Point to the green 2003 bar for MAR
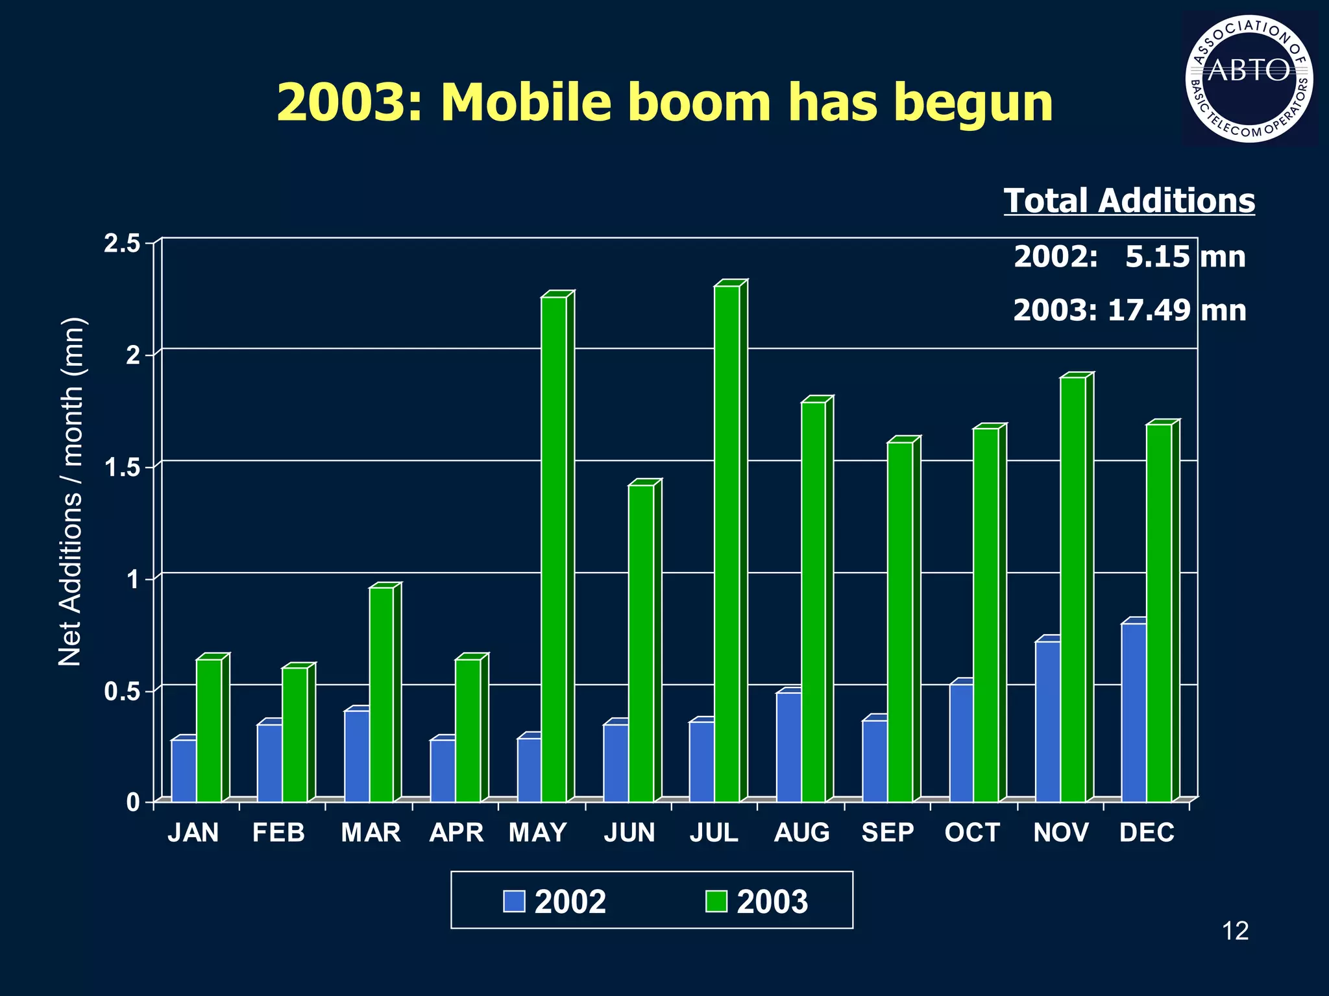click(381, 694)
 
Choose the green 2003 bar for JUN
click(641, 643)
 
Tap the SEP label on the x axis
click(887, 833)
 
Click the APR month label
click(456, 833)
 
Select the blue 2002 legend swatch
click(514, 901)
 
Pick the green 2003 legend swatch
click(716, 901)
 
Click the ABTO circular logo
click(1249, 78)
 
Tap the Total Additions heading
click(1129, 200)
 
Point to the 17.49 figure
click(1149, 310)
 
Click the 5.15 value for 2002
click(1157, 257)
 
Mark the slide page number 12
click(1235, 931)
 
